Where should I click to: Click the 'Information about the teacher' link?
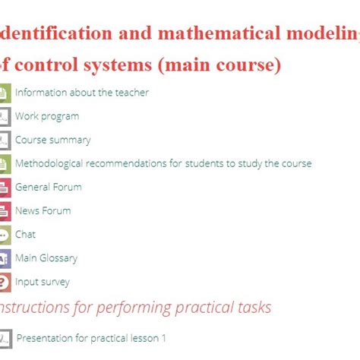(81, 93)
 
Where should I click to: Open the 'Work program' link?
(46, 116)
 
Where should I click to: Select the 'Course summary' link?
(52, 140)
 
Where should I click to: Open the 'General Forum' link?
(48, 187)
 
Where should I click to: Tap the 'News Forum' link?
(43, 210)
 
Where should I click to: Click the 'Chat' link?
(25, 235)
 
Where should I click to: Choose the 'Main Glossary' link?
(46, 258)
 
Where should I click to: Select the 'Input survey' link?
(42, 282)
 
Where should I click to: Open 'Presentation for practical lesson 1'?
(91, 338)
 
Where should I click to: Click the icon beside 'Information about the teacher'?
(4, 93)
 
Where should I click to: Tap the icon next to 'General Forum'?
(4, 188)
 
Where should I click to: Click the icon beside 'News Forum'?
(4, 211)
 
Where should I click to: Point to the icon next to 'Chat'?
(4, 235)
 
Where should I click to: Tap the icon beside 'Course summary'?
(4, 141)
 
